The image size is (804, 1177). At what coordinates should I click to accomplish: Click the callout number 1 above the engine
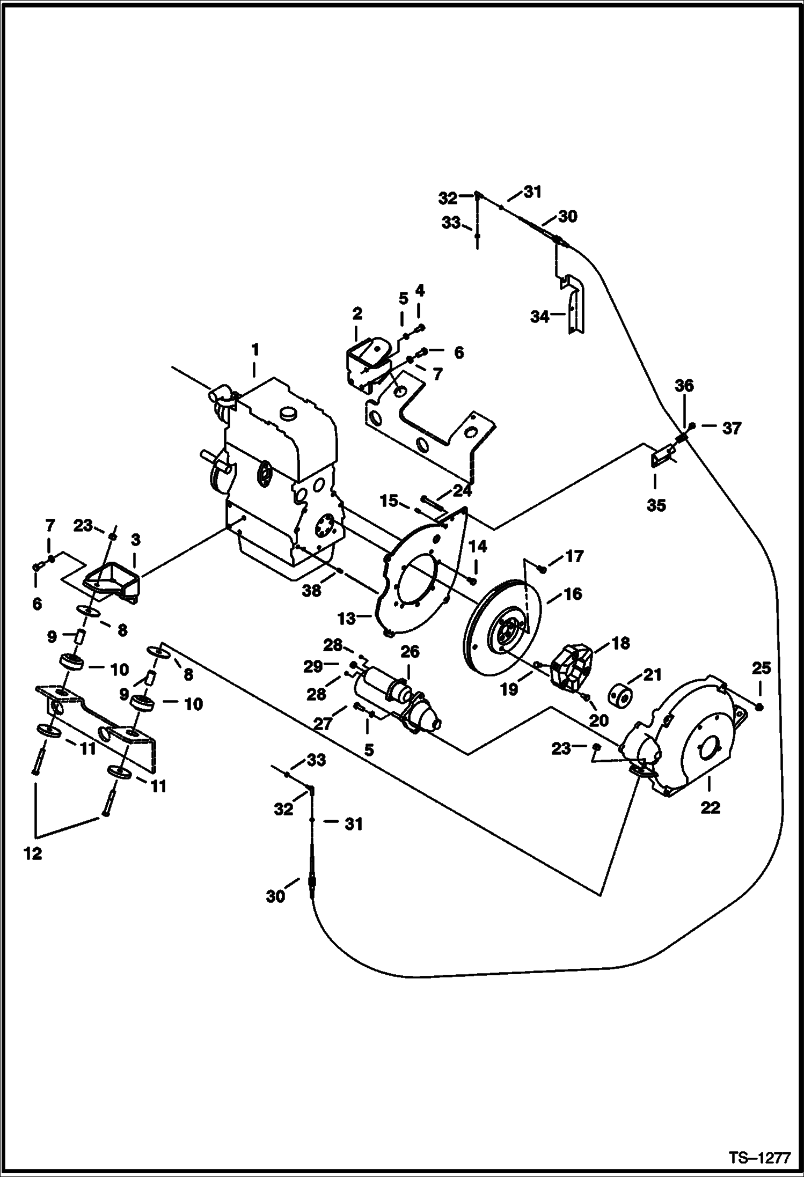coord(255,350)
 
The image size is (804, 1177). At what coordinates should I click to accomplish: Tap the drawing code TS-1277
coord(759,1157)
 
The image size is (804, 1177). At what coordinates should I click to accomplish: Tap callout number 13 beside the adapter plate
coord(347,619)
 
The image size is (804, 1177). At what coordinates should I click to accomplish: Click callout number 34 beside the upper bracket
coord(540,317)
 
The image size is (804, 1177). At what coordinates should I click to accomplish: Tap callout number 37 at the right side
coord(731,428)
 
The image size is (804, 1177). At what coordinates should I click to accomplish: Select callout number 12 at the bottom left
coord(33,853)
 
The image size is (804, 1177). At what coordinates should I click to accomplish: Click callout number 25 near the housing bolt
coord(762,668)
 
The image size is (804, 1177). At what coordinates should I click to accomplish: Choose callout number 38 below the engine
coord(311,590)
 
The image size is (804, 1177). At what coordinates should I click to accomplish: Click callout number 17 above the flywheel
coord(574,556)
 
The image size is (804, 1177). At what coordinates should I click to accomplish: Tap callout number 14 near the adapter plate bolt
coord(478,546)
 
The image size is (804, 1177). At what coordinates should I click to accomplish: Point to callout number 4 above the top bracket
coord(420,290)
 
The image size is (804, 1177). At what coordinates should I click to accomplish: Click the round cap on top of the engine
coord(289,413)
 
